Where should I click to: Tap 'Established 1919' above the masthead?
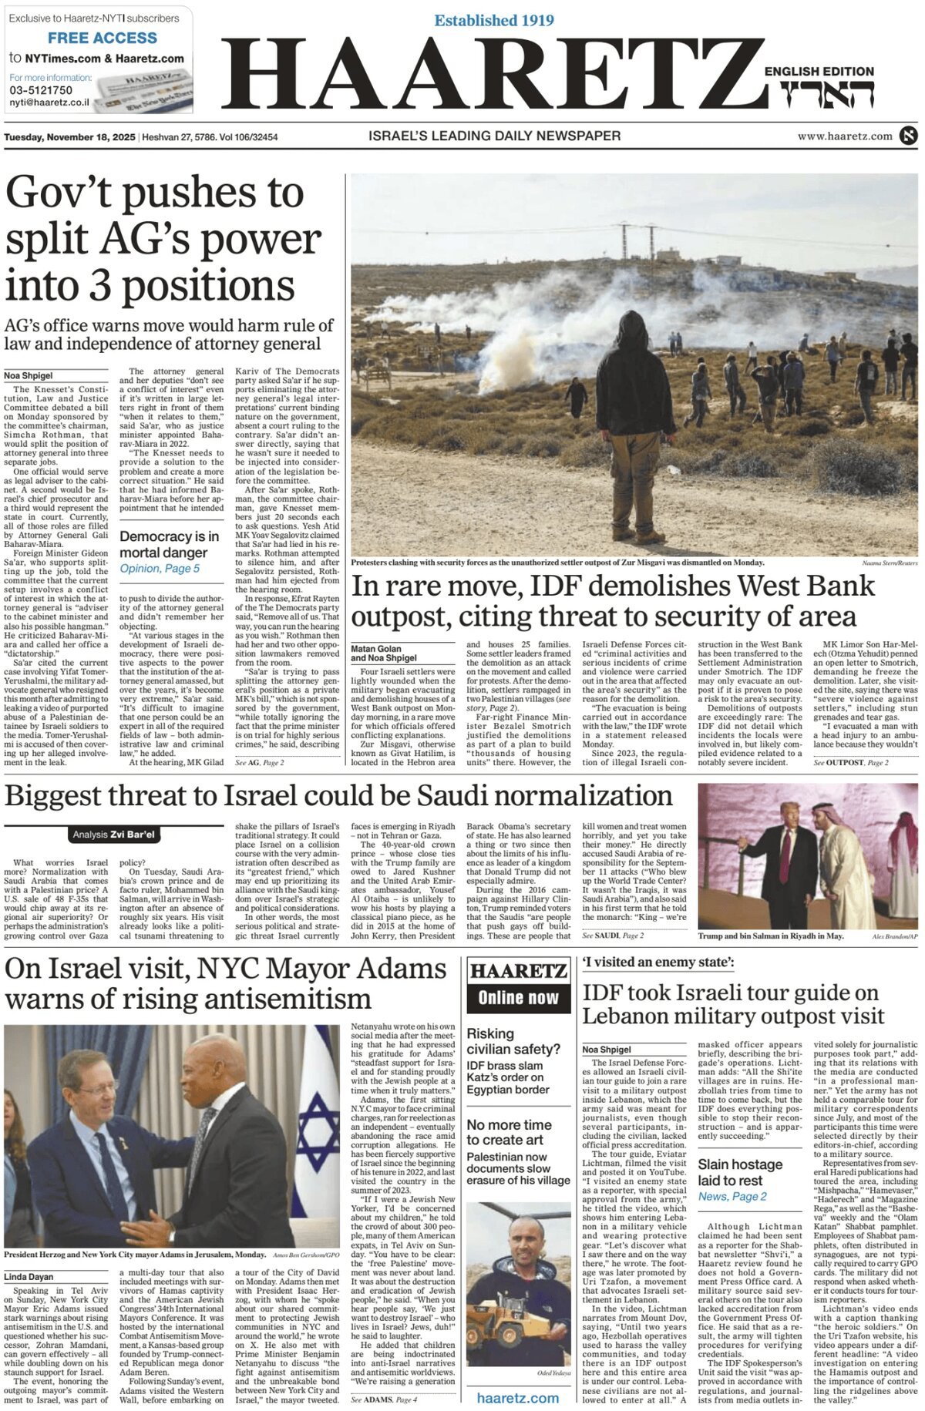[x=493, y=20]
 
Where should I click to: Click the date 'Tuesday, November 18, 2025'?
[x=69, y=137]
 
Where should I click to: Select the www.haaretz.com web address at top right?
[x=845, y=136]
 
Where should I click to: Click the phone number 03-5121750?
[x=41, y=90]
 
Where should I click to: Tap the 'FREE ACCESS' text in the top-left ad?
[x=102, y=38]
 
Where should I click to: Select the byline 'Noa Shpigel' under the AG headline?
[x=29, y=375]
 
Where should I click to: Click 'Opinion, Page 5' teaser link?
[x=160, y=569]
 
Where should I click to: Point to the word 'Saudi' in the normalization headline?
[x=455, y=795]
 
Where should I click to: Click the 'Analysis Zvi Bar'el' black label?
[x=114, y=835]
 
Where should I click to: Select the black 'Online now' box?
[x=518, y=998]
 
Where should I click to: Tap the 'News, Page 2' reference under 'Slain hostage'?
[x=732, y=1196]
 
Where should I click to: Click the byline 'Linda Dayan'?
[x=29, y=1277]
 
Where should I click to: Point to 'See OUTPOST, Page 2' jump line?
[x=850, y=762]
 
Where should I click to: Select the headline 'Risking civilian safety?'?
[x=513, y=1041]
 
